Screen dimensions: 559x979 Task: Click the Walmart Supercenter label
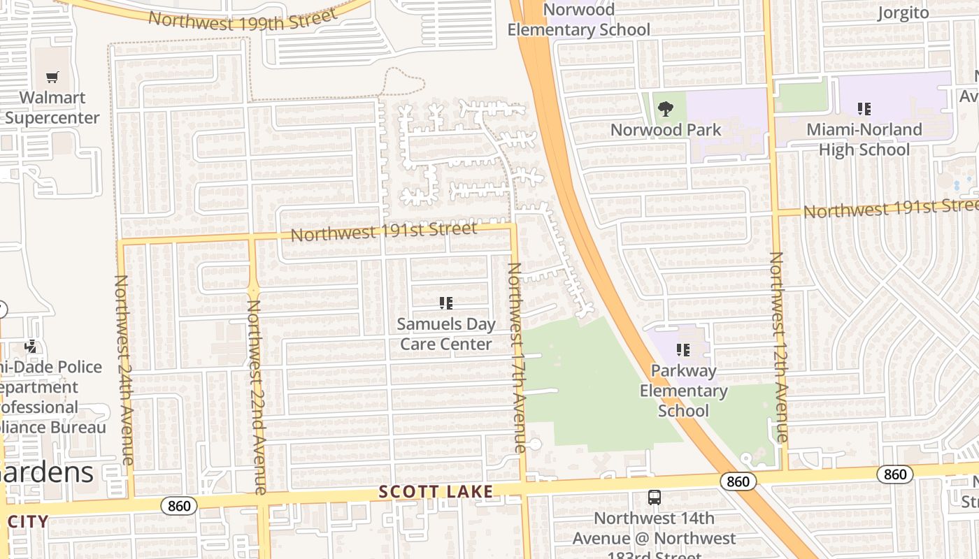pyautogui.click(x=52, y=108)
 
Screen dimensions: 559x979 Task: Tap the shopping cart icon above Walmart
pyautogui.click(x=52, y=77)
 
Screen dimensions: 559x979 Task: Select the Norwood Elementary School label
pyautogui.click(x=579, y=20)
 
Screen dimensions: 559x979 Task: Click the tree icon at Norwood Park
pyautogui.click(x=665, y=108)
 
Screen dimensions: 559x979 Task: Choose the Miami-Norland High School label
pyautogui.click(x=864, y=139)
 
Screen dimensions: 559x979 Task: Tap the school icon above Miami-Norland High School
pyautogui.click(x=864, y=109)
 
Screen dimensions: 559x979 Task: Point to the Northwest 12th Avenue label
pyautogui.click(x=778, y=347)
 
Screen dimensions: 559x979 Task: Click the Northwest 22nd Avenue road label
pyautogui.click(x=255, y=397)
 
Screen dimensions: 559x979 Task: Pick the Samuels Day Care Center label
pyautogui.click(x=445, y=334)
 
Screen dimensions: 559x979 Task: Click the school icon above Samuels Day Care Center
pyautogui.click(x=445, y=303)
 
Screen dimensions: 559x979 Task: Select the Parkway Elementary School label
pyautogui.click(x=683, y=391)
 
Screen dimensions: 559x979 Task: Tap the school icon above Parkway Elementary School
pyautogui.click(x=683, y=349)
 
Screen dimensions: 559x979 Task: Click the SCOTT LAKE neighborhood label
pyautogui.click(x=436, y=492)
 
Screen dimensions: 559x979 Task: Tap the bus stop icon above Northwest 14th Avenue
pyautogui.click(x=655, y=498)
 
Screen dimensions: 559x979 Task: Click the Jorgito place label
pyautogui.click(x=903, y=13)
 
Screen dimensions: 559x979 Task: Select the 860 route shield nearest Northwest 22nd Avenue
pyautogui.click(x=179, y=505)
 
